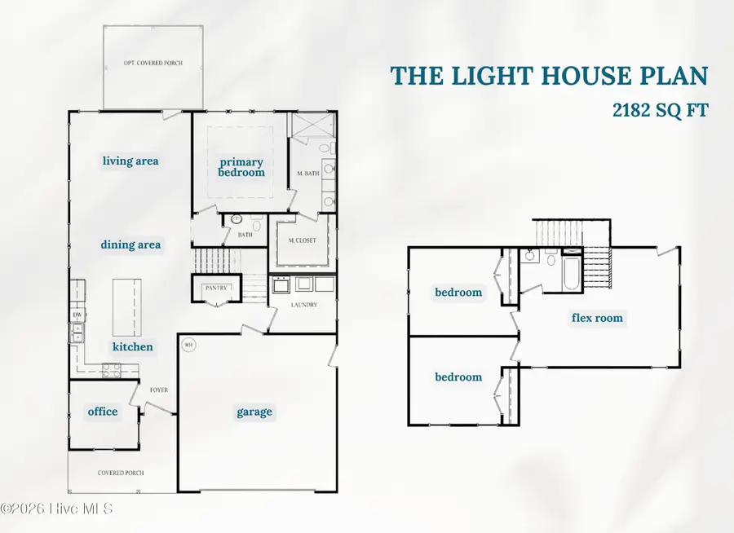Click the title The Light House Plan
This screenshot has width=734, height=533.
549,76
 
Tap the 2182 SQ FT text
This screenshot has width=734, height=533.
661,110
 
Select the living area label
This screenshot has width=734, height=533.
130,161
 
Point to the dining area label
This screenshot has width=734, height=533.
130,244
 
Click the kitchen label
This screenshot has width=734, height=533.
132,346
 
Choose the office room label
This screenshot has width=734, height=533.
103,412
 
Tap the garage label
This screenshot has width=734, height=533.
254,412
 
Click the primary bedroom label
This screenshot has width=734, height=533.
242,167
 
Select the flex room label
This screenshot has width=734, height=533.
597,318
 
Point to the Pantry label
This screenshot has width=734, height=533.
217,288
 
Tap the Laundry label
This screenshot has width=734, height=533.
303,305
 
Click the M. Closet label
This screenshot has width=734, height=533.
303,240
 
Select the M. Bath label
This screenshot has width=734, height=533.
307,174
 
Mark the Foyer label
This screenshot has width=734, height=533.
158,390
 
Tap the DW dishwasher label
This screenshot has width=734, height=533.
77,315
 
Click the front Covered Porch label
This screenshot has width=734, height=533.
121,473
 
